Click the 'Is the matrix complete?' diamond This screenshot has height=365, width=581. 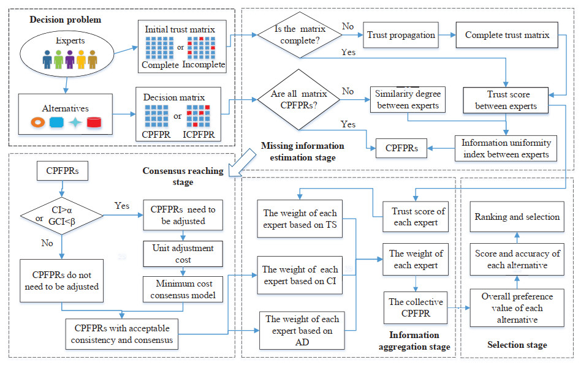coord(296,35)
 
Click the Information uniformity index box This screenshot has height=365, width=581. coord(506,148)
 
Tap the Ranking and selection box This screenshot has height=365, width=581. coord(516,216)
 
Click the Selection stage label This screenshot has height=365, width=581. coord(517,345)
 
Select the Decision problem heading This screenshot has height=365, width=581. coord(65,20)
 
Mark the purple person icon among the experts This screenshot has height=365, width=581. coord(70,59)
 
